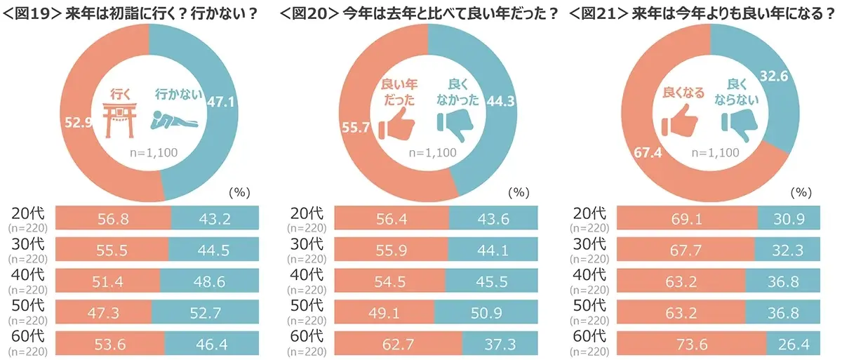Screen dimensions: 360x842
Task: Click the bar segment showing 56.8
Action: click(113, 218)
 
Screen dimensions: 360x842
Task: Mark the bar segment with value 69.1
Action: click(686, 218)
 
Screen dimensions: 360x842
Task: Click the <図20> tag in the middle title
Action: click(309, 14)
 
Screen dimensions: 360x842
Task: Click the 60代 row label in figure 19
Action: click(28, 337)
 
